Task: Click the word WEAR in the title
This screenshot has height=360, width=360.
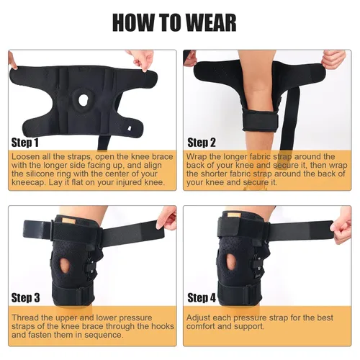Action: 211,23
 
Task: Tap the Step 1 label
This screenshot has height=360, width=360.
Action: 25,143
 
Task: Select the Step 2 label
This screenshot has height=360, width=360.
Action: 202,143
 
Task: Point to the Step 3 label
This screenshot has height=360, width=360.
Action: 25,298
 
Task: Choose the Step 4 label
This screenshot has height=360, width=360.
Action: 202,298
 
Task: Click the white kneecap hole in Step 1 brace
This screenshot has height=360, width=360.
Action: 83,100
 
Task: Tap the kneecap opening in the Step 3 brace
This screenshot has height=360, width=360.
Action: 65,265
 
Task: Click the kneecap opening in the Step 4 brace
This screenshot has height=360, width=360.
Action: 231,262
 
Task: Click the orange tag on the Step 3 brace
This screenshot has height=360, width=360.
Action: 68,220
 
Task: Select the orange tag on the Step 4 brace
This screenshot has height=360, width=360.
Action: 234,215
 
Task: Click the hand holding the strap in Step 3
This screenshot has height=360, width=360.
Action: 167,217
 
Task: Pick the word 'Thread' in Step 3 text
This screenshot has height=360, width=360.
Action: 25,318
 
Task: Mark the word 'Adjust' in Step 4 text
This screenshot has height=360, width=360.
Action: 198,318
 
